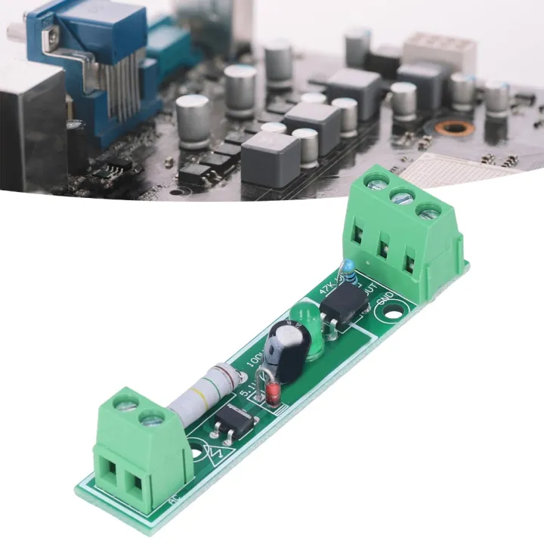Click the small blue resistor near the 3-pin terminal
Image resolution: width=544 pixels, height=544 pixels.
point(348,267)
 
